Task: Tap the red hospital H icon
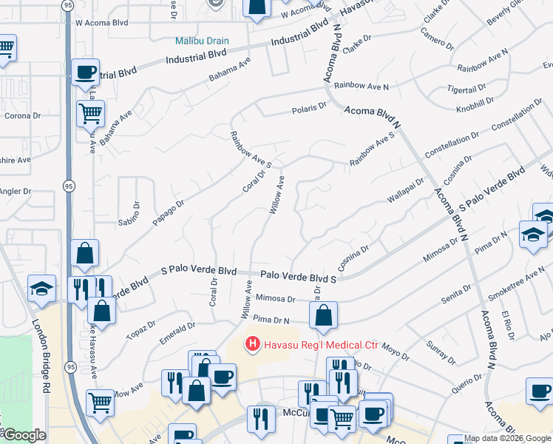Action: coord(253,344)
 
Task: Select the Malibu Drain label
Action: coord(202,41)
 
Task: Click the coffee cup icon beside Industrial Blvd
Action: coord(86,73)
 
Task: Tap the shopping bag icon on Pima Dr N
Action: coord(324,315)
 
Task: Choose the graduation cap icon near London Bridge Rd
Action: coord(41,289)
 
